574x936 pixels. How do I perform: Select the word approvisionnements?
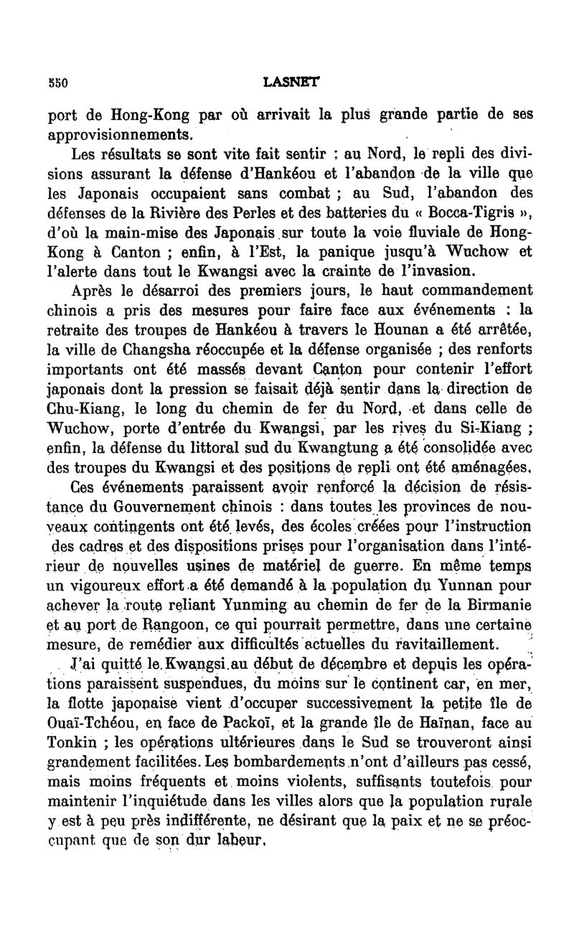(120, 134)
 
